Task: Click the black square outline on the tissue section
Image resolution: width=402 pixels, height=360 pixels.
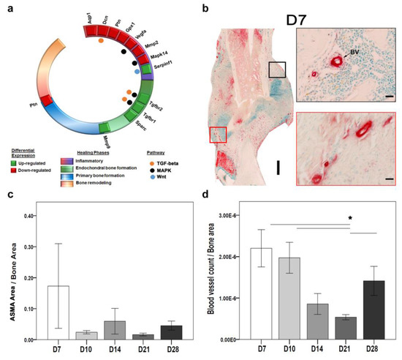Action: click(x=278, y=70)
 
